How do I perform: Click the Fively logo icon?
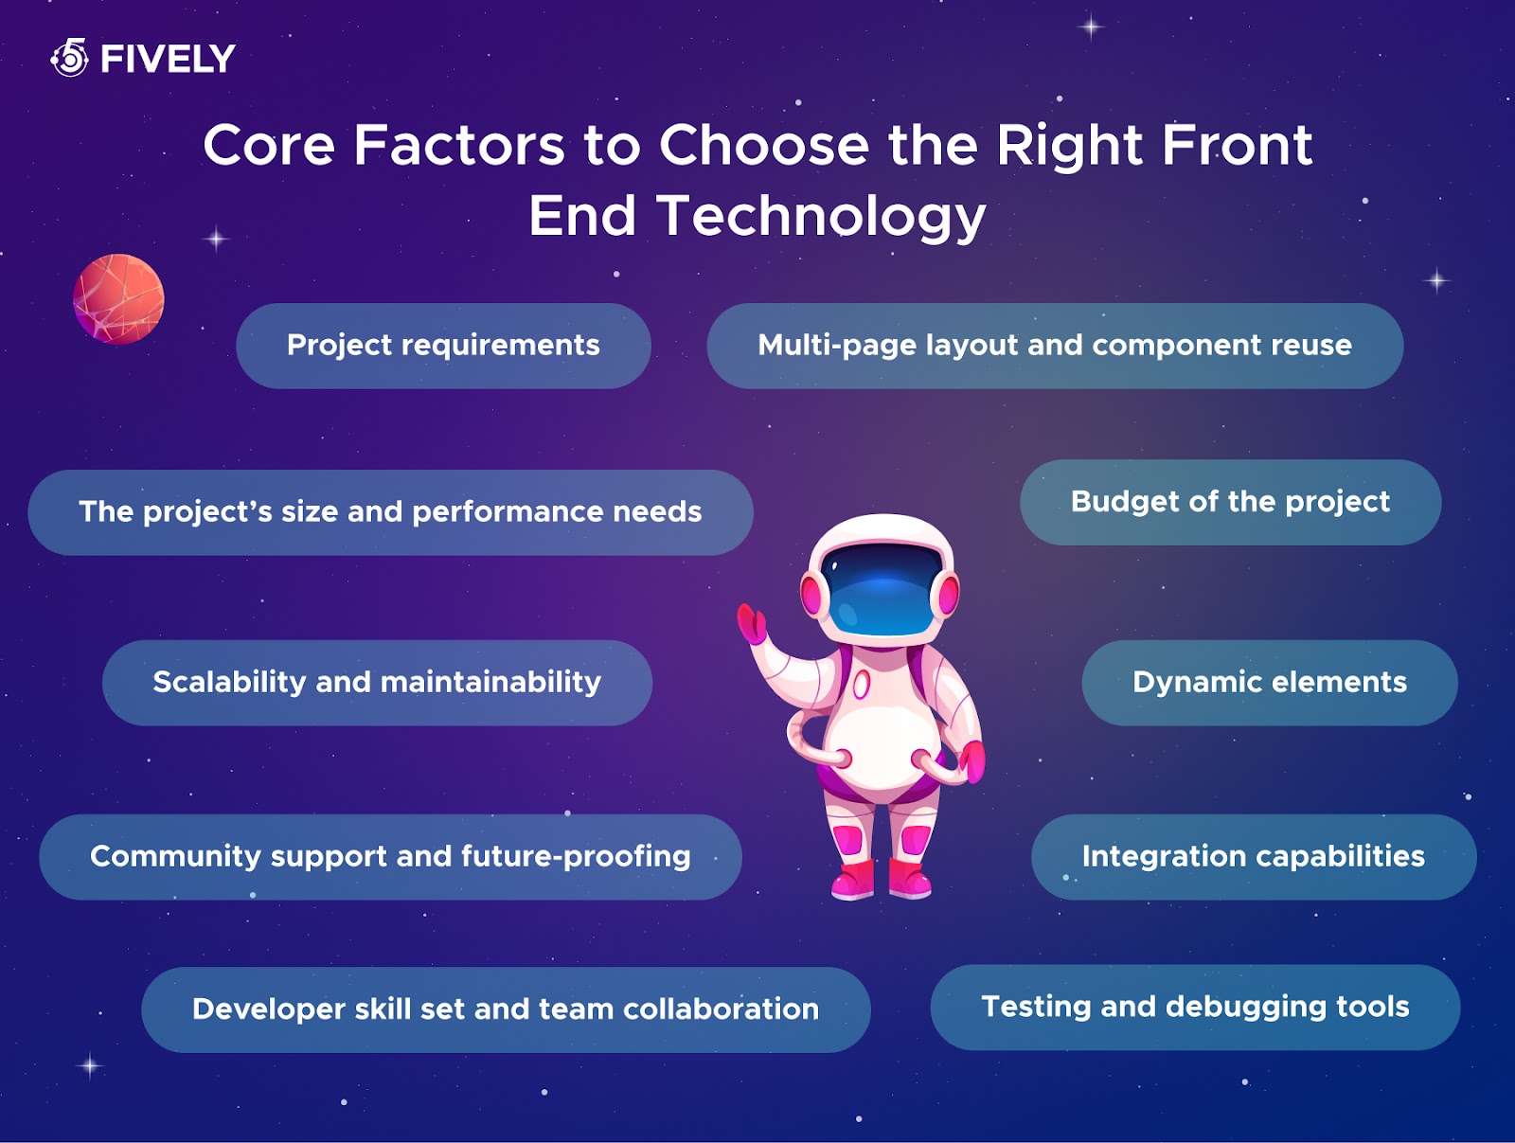pyautogui.click(x=70, y=57)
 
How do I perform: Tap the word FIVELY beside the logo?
pyautogui.click(x=168, y=59)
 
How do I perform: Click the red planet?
pyautogui.click(x=118, y=299)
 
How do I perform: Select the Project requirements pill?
pyautogui.click(x=443, y=346)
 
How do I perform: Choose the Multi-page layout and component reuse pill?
pyautogui.click(x=1055, y=346)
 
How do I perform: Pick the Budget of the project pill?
pyautogui.click(x=1231, y=503)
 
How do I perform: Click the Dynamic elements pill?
pyautogui.click(x=1270, y=683)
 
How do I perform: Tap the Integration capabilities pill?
pyautogui.click(x=1254, y=857)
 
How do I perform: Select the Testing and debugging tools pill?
pyautogui.click(x=1196, y=1007)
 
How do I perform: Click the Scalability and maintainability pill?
pyautogui.click(x=377, y=683)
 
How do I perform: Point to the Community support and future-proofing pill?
pyautogui.click(x=390, y=857)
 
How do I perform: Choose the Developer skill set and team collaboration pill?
pyautogui.click(x=506, y=1009)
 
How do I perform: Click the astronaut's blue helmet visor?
pyautogui.click(x=882, y=589)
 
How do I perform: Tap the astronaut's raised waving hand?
pyautogui.click(x=751, y=623)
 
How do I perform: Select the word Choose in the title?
pyautogui.click(x=763, y=146)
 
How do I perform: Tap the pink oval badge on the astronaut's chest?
pyautogui.click(x=861, y=685)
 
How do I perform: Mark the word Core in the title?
pyautogui.click(x=269, y=146)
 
